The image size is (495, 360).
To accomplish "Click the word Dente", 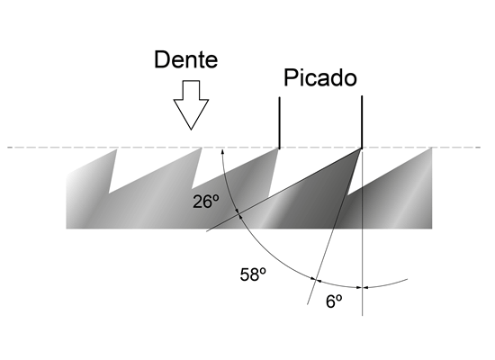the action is click(186, 59).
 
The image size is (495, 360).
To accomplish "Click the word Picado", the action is click(320, 77).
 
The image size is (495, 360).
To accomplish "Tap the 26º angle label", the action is click(206, 202).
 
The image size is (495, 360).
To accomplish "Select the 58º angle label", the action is click(253, 274).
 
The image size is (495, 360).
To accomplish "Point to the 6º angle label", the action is click(334, 301).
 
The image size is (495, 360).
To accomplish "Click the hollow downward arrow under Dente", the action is click(191, 104).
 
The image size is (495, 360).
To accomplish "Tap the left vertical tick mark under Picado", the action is click(279, 122).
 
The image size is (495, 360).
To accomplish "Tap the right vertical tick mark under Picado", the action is click(362, 121).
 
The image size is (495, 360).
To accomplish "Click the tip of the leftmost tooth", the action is click(117, 149).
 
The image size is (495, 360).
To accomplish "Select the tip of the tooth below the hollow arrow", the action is click(202, 148).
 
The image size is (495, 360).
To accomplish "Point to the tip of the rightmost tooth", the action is click(431, 148).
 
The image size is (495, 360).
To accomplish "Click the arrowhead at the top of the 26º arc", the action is click(222, 152).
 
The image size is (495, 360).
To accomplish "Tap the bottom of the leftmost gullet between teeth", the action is click(109, 193).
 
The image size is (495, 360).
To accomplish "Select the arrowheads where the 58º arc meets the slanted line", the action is click(316, 280).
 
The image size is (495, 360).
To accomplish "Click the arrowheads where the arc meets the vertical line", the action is click(362, 287).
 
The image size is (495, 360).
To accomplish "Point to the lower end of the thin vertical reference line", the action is click(362, 315).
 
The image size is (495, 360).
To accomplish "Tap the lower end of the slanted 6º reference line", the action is click(308, 304).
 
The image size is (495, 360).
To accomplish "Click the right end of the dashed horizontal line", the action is click(481, 148).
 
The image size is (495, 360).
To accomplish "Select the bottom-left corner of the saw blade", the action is click(66, 228).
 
